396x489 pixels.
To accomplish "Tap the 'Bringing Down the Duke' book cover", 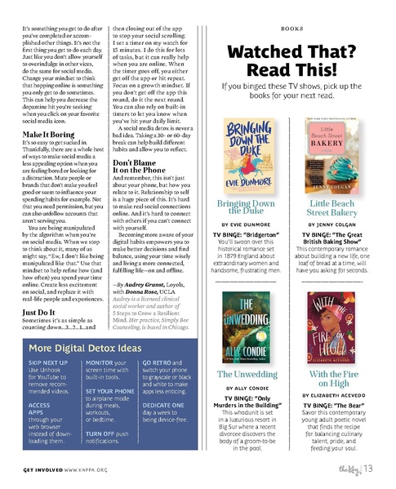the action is (243, 153).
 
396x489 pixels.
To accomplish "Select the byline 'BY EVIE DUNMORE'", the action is (244, 223).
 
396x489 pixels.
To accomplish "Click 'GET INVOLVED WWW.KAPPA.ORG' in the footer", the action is (65, 471).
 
